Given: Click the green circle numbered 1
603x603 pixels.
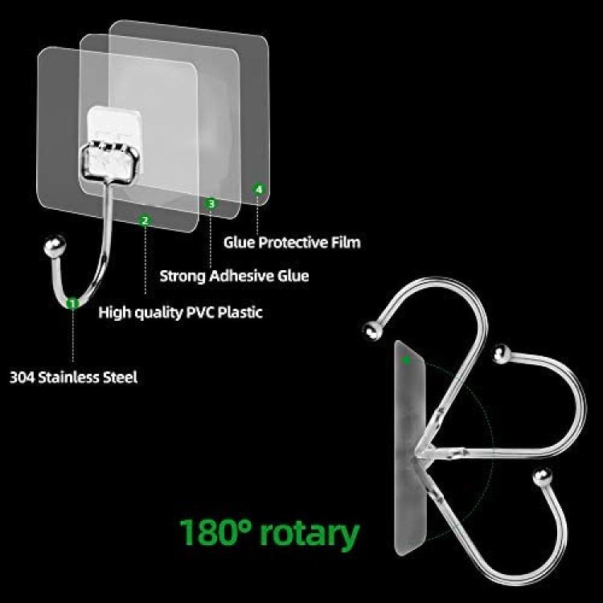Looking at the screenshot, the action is coord(72,303).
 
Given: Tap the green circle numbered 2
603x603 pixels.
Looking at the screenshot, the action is coord(145,220).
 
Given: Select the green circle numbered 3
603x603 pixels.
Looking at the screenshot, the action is coord(211,203).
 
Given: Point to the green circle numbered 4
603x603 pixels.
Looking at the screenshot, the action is coord(259,189).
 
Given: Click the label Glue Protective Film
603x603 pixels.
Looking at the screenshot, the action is coord(292,243).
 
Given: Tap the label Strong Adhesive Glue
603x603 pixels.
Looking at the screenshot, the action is coord(234,276).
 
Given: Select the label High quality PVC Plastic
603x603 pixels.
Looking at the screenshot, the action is coord(180,312).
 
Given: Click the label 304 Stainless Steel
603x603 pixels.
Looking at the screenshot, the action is coord(73,377).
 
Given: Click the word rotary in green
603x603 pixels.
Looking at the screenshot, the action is coord(310,533).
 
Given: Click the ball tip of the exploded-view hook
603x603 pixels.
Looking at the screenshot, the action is coord(55,246).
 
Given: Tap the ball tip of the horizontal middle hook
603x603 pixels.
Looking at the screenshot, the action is coord(502,355).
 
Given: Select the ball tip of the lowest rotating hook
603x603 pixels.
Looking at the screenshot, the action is coord(543,477).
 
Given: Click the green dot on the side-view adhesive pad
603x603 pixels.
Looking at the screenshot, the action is coord(407,360).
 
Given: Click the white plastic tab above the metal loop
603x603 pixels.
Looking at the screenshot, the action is coord(114,124).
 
